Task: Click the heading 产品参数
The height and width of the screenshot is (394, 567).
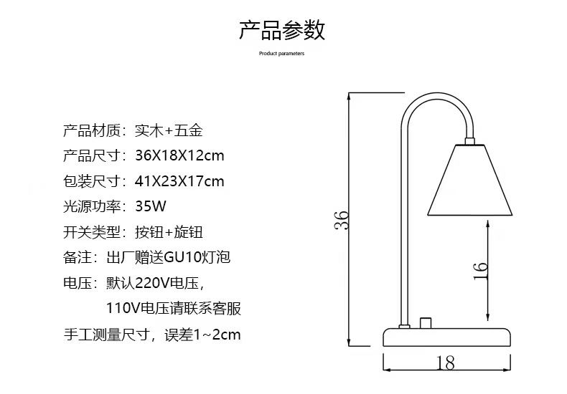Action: [x=282, y=30]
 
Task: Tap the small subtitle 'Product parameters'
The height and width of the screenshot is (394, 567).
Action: [x=282, y=54]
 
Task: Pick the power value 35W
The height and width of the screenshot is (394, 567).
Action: [x=151, y=206]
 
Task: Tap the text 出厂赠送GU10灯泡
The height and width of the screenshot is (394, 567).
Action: [x=182, y=257]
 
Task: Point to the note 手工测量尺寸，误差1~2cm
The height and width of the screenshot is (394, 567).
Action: [x=152, y=335]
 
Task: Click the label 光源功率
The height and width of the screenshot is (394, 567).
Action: [x=92, y=206]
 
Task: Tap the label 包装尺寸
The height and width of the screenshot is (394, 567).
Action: [x=92, y=181]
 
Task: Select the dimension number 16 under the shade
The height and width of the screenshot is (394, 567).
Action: [x=480, y=269]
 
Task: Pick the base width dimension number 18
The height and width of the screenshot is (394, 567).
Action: [x=445, y=363]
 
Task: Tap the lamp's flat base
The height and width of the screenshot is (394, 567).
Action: [x=446, y=337]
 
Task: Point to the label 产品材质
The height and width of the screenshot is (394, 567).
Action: [x=92, y=131]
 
